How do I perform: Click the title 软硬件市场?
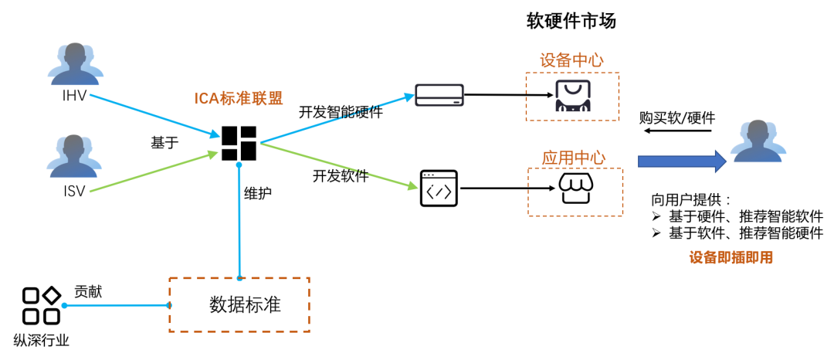coord(571,21)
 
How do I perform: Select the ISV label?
coord(74,190)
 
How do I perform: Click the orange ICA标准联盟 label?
coord(239,98)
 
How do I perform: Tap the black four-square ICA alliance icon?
coord(239,143)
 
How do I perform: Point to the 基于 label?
coord(166,143)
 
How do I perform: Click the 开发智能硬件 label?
coord(341,112)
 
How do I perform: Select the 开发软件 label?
coord(340,175)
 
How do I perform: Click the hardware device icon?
coord(439,95)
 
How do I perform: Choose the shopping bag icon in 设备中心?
coord(572,97)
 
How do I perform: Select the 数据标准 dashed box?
coord(239,304)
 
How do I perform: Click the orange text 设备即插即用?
coord(731,258)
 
